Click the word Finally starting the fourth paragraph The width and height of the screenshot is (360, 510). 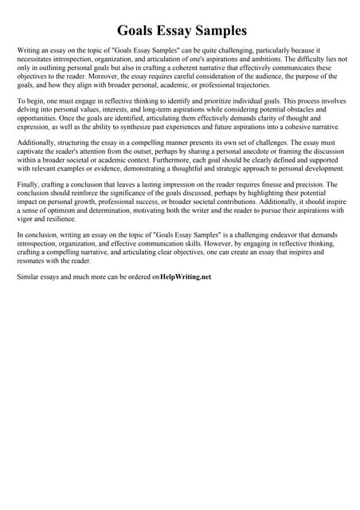pos(28,184)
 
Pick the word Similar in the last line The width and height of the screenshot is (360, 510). pos(29,277)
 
